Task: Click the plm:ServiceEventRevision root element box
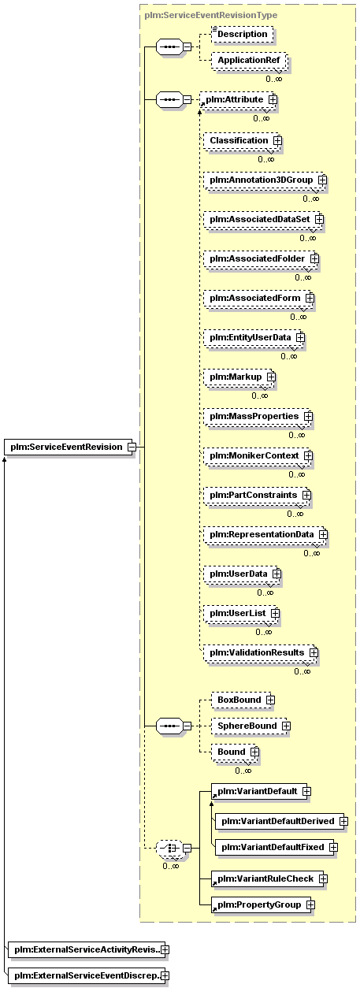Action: [x=69, y=447]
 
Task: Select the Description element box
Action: [x=242, y=34]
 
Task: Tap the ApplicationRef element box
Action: [x=249, y=61]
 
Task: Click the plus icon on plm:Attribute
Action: [x=273, y=100]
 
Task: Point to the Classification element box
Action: [x=241, y=141]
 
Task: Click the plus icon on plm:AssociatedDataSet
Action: [x=319, y=219]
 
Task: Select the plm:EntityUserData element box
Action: [x=253, y=337]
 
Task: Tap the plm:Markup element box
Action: [x=238, y=377]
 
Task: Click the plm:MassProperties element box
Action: [x=257, y=416]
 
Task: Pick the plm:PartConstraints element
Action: [x=256, y=496]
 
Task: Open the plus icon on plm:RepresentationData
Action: [x=324, y=535]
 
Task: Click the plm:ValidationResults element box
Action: [x=260, y=653]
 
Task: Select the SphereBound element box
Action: [x=250, y=726]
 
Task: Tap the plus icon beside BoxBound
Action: [x=270, y=700]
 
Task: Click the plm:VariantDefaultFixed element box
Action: [x=275, y=847]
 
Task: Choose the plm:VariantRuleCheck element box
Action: [x=269, y=878]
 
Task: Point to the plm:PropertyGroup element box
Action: [x=262, y=904]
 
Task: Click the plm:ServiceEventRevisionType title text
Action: [x=211, y=15]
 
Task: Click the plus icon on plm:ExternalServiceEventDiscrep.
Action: [x=165, y=975]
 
